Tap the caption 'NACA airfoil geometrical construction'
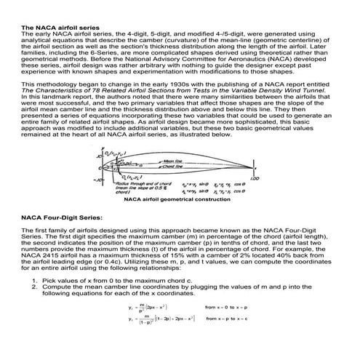(172, 199)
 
